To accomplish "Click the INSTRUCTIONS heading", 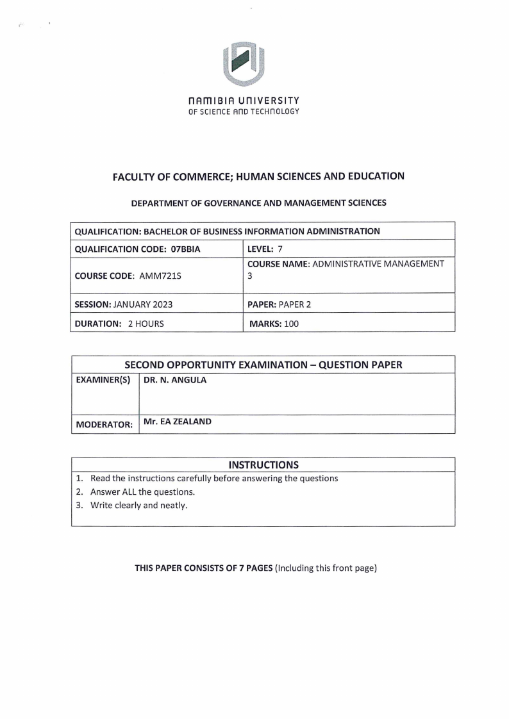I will pyautogui.click(x=263, y=465).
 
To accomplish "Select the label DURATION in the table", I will pyautogui.click(x=97, y=324).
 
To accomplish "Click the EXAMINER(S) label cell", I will pyautogui.click(x=103, y=381).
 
